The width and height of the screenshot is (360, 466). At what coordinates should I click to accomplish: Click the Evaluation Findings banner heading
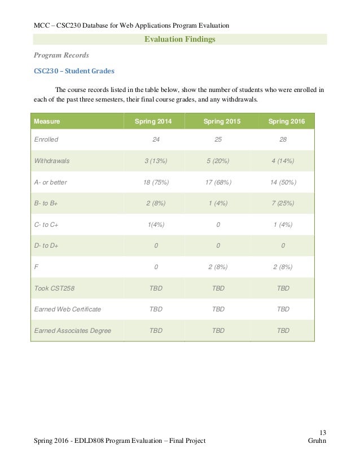pyautogui.click(x=180, y=39)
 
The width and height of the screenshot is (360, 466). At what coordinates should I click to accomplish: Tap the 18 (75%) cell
pyautogui.click(x=154, y=183)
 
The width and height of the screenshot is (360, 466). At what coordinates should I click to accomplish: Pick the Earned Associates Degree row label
pyautogui.click(x=68, y=331)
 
